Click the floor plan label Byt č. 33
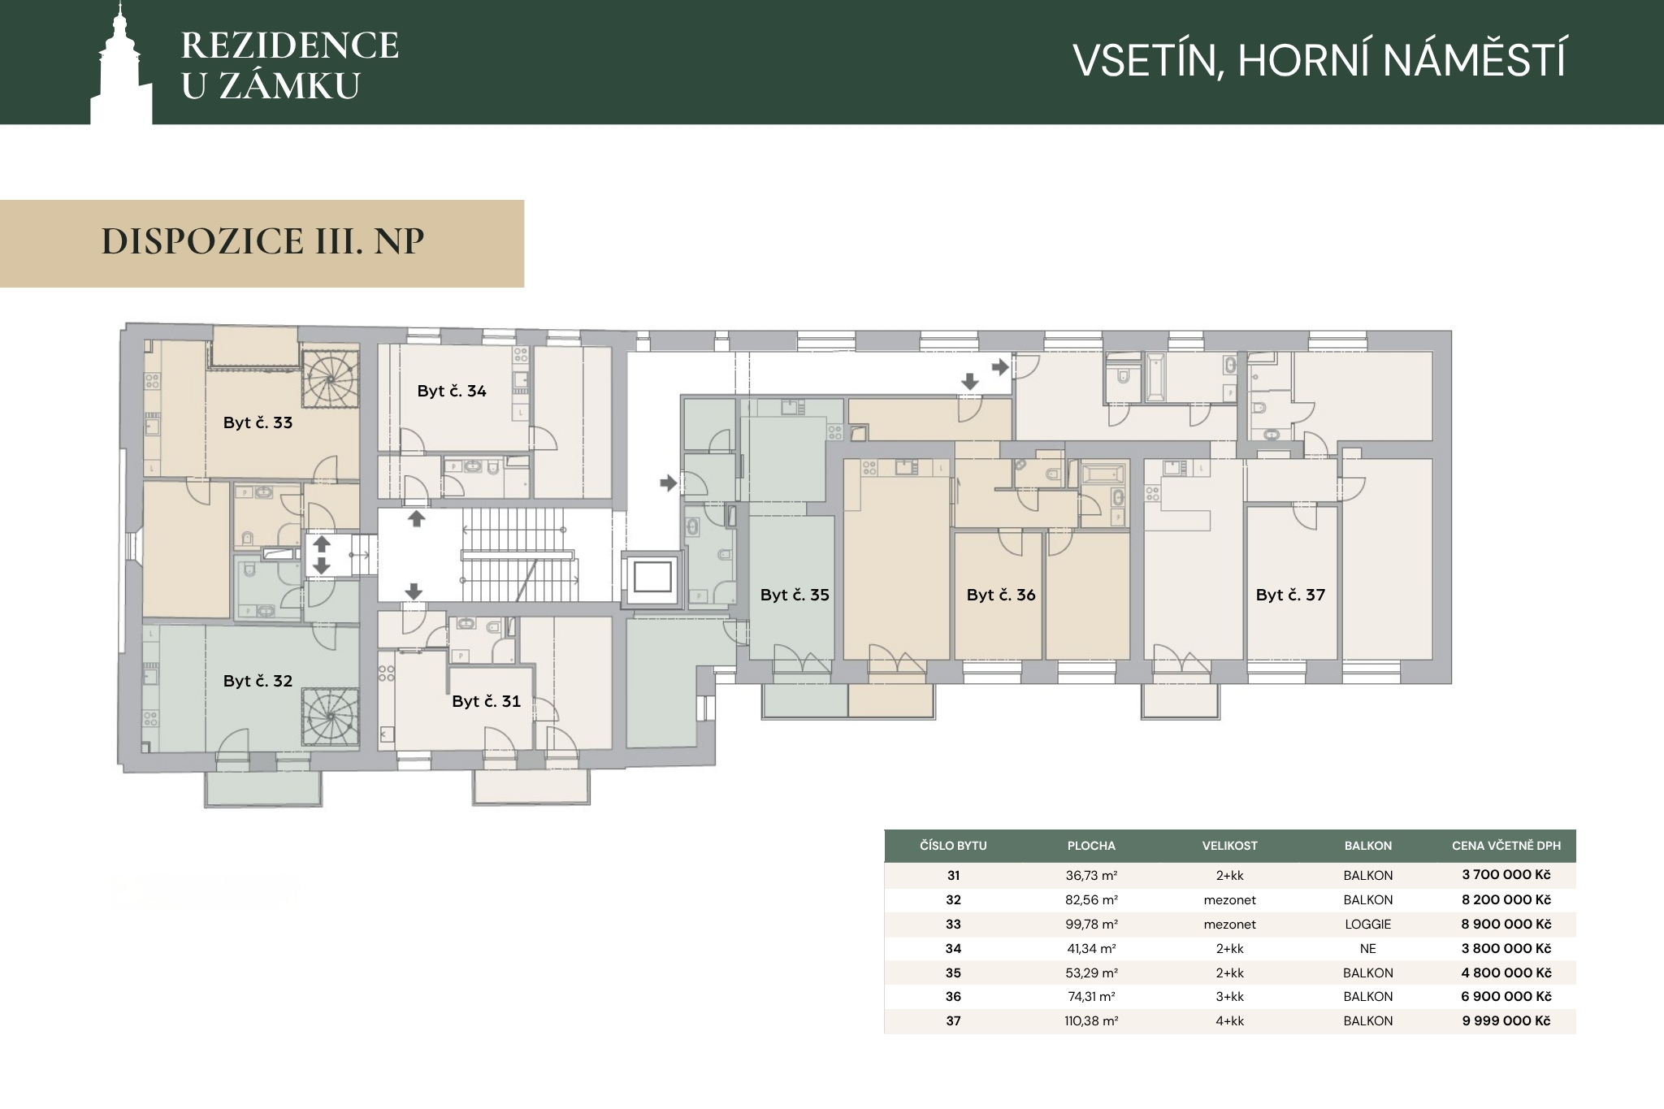coord(258,422)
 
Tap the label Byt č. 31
coord(486,701)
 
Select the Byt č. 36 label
coord(1001,595)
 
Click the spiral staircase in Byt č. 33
coord(330,379)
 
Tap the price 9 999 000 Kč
coord(1506,1020)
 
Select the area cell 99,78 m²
coord(1091,924)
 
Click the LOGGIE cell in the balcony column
coord(1368,924)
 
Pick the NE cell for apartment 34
coord(1368,948)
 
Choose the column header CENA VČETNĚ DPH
coord(1506,846)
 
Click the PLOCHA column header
coord(1091,846)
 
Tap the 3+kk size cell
coord(1229,996)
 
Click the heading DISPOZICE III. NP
coord(262,241)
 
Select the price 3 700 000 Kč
coord(1506,875)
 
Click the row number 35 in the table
coord(953,973)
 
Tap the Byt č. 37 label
coord(1290,595)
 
